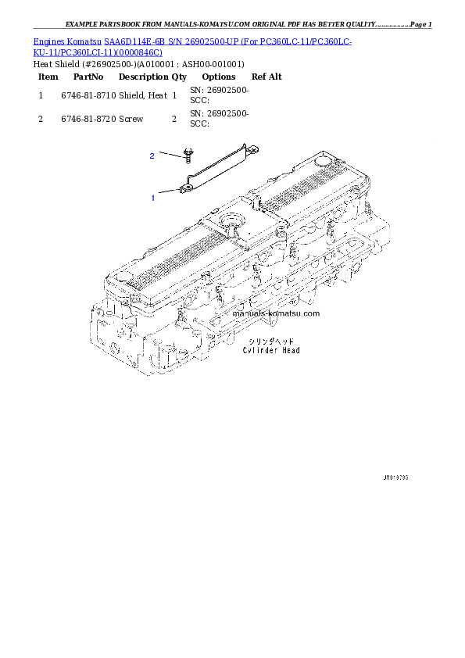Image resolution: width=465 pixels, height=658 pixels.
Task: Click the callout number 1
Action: tap(153, 198)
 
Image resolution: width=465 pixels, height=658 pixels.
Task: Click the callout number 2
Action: tap(152, 156)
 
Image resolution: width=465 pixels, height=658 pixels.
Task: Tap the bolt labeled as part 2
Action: tap(188, 153)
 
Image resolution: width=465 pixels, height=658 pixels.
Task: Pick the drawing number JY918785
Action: tap(396, 476)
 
